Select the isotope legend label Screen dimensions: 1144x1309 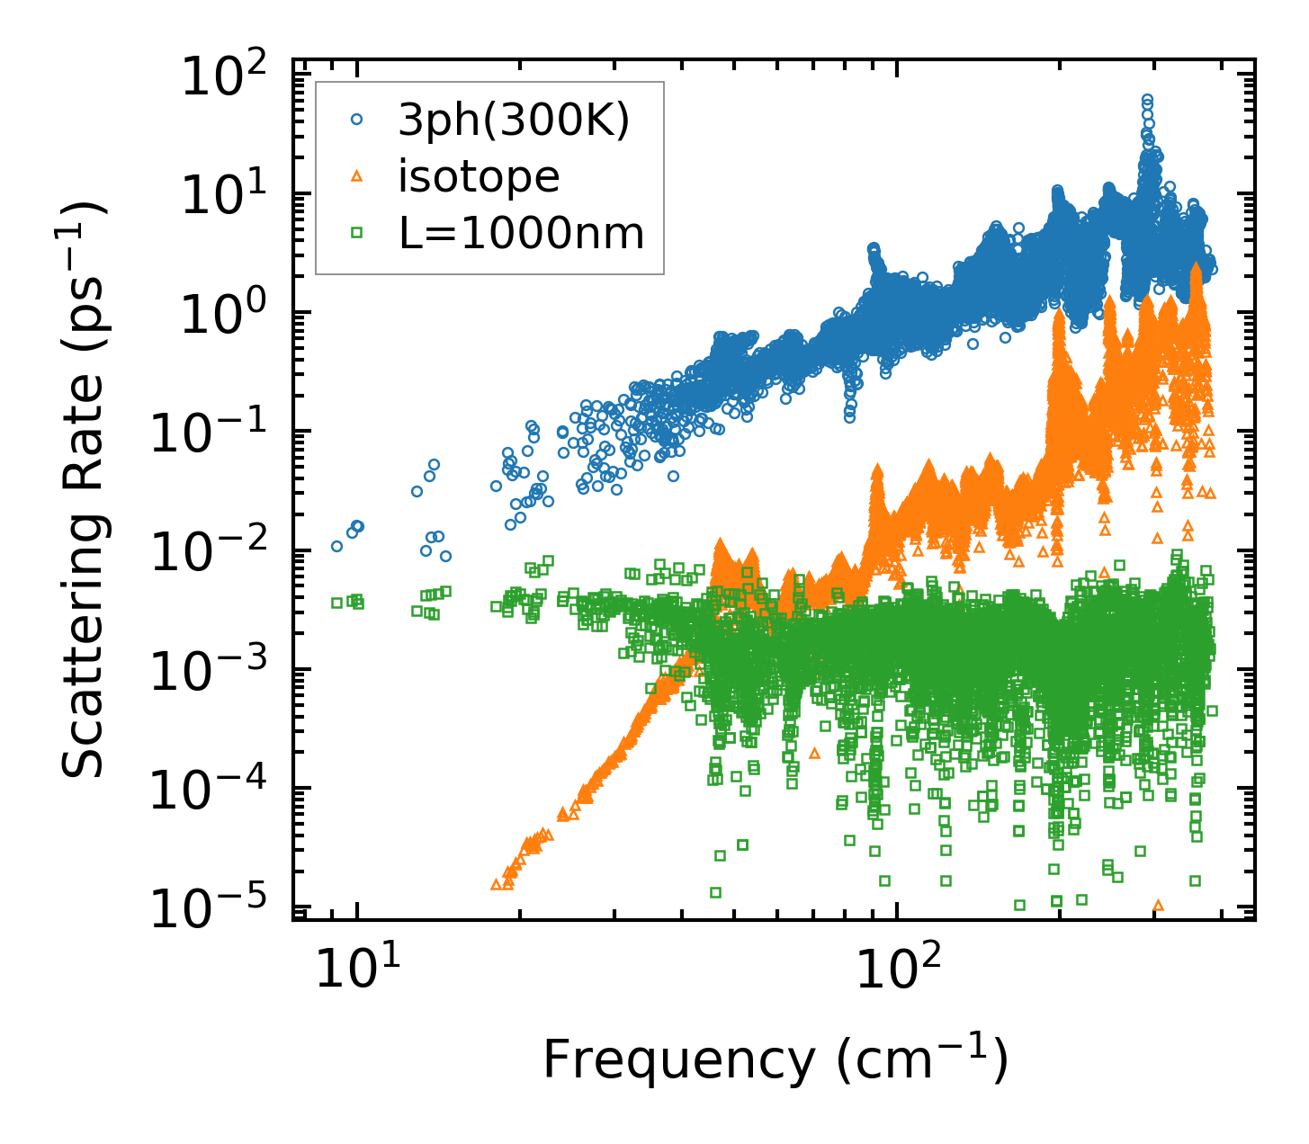[x=479, y=177]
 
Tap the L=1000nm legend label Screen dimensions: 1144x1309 [x=522, y=234]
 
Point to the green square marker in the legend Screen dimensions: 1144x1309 [x=357, y=233]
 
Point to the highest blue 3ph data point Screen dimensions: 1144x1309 [x=1147, y=99]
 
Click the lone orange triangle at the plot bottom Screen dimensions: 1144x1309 [x=1158, y=905]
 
